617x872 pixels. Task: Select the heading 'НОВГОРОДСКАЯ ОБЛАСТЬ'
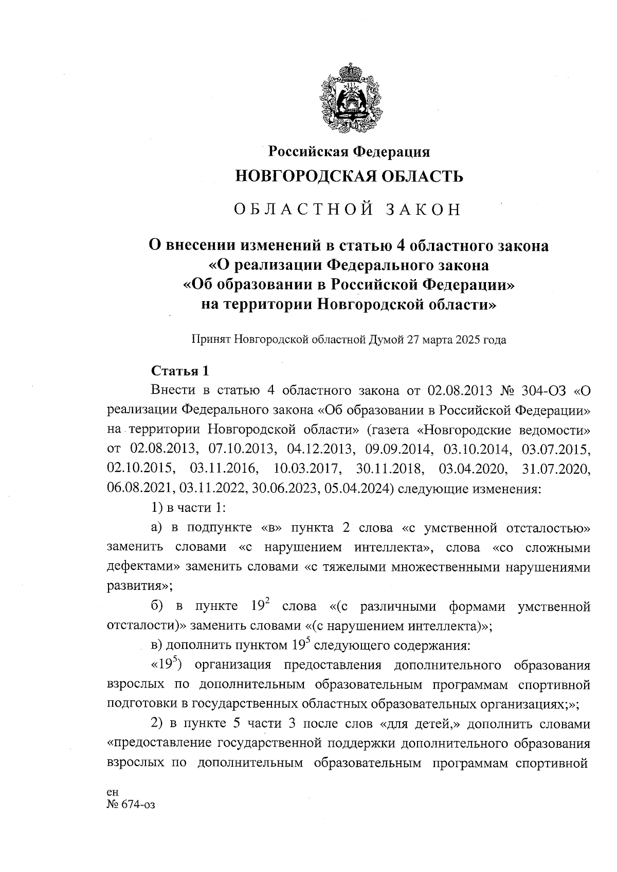(x=349, y=176)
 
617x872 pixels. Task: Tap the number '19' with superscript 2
(x=261, y=606)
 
